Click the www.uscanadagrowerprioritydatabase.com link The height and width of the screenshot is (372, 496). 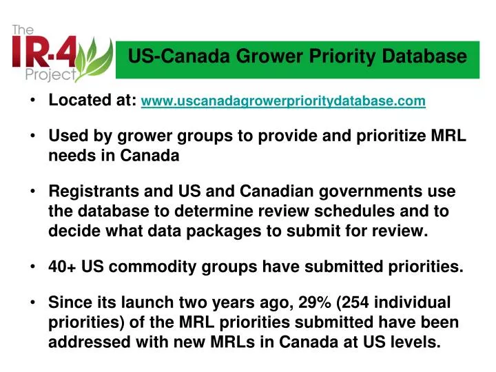[283, 102]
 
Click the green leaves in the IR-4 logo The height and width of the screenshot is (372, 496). [96, 59]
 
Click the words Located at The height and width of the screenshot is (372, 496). [92, 101]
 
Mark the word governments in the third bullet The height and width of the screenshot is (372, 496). [371, 190]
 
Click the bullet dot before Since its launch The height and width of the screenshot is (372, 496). [34, 302]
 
